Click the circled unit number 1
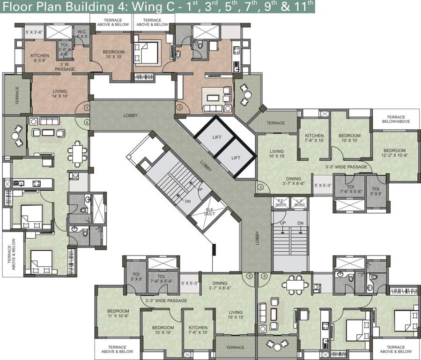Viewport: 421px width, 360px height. pos(87,107)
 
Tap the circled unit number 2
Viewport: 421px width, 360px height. pos(179,107)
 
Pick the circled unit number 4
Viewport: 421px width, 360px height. pos(264,276)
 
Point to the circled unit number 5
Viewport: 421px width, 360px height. pos(249,276)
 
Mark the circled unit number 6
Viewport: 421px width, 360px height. pos(87,122)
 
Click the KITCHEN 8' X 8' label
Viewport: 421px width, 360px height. pos(40,58)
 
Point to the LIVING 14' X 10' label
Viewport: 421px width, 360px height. pos(59,94)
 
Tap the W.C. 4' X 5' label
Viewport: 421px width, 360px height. pos(82,34)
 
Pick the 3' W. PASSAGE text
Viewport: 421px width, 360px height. pos(64,67)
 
